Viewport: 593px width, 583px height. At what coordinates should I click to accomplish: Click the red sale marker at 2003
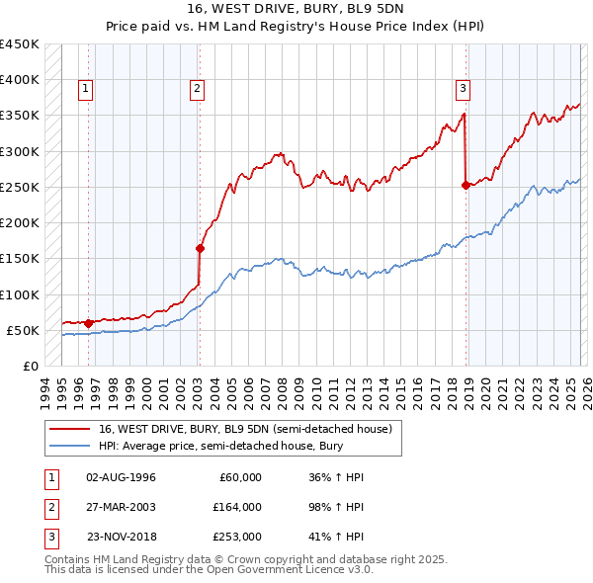tap(200, 249)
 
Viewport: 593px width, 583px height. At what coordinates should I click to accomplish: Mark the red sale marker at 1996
tap(89, 322)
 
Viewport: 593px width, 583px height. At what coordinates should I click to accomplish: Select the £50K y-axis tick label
tap(23, 330)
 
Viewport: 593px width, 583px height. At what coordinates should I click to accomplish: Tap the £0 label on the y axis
tap(31, 366)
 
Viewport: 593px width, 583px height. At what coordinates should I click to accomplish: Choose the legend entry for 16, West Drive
tap(246, 429)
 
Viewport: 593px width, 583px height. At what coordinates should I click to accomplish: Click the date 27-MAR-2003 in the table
tap(121, 507)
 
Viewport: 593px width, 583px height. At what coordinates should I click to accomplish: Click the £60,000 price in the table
tap(240, 477)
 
